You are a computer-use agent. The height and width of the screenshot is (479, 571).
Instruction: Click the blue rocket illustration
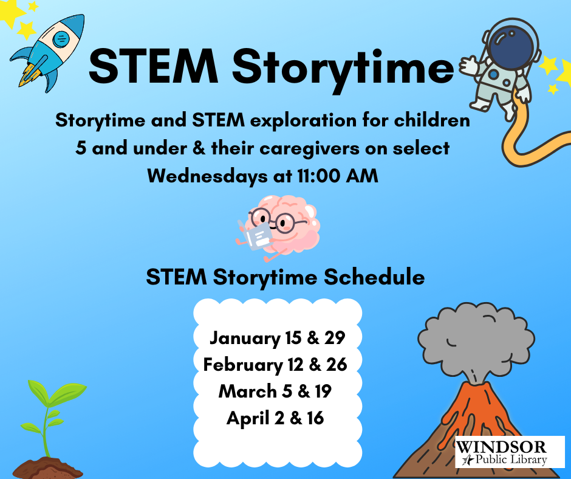coord(47,52)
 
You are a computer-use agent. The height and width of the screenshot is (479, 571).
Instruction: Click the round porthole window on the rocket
coord(61,38)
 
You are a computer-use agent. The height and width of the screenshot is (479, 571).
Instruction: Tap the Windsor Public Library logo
coord(510,452)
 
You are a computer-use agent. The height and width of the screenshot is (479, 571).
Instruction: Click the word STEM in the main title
coord(153,67)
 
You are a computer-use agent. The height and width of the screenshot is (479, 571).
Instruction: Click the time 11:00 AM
coord(338,176)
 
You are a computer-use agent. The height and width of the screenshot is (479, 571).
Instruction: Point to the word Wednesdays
coord(208,176)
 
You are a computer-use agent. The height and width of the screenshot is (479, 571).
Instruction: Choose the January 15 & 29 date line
coord(277,339)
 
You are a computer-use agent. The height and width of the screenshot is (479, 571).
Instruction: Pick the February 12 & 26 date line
coord(275,365)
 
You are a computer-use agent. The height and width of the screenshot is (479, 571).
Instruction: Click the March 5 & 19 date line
coord(275,391)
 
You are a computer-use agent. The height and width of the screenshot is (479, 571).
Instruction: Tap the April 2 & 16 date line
coord(275,418)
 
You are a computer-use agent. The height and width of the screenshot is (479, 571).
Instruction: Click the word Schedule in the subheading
coord(374,277)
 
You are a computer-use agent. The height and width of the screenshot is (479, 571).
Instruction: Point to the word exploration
coord(303,121)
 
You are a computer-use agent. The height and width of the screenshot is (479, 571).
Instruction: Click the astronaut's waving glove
coord(469,66)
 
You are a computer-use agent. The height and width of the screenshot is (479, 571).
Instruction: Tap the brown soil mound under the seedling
coord(47,468)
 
